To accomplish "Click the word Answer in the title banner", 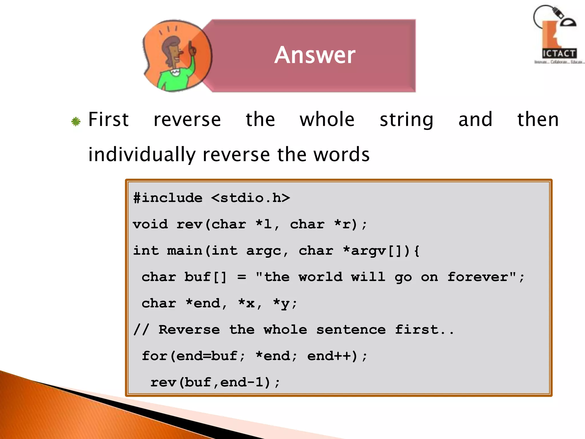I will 315,55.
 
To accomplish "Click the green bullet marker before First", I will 76,121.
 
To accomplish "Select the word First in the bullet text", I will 109,119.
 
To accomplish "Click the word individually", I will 142,155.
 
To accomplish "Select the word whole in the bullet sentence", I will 327,119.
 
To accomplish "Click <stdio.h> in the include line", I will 251,198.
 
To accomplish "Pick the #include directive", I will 168,198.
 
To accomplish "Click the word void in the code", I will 151,224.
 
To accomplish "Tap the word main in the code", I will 185,251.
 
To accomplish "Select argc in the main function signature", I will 264,251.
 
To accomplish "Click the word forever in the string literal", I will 478,277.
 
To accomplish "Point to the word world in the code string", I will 320,277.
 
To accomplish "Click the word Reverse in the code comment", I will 189,330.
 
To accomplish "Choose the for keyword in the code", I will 155,356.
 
